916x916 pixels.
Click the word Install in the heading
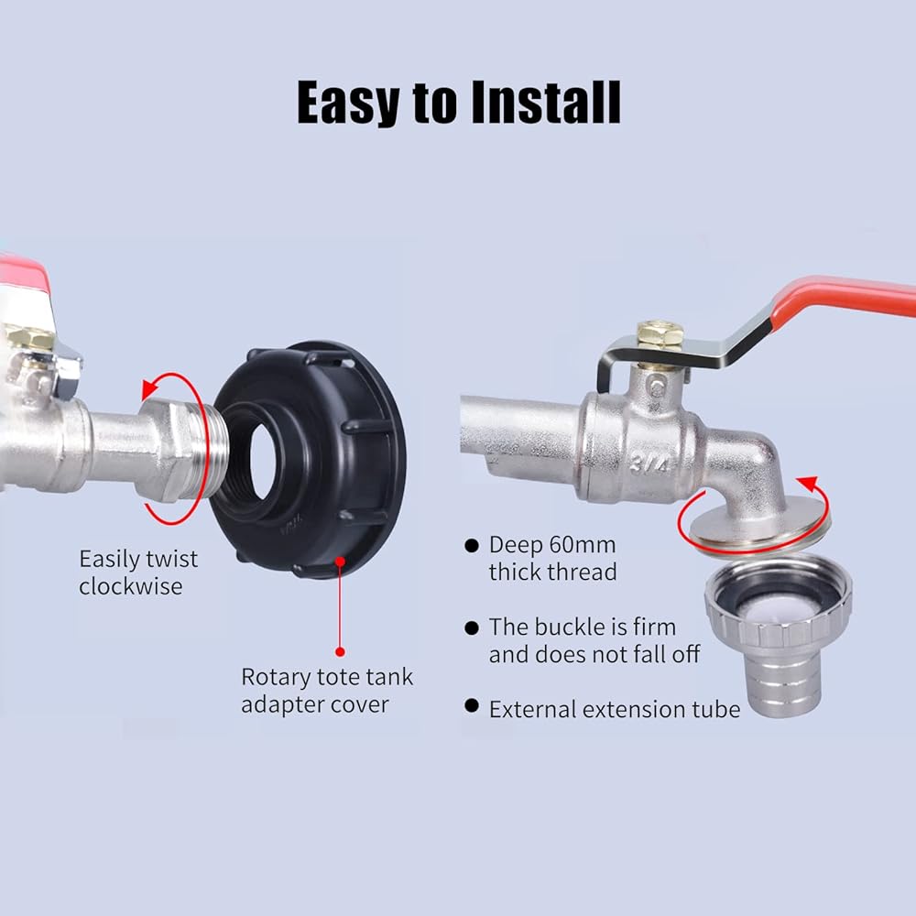(x=546, y=103)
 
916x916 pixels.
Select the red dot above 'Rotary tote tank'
(x=340, y=651)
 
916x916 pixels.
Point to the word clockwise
(x=131, y=586)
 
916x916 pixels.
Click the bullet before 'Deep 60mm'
(x=472, y=546)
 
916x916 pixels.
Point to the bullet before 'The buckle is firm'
(x=472, y=628)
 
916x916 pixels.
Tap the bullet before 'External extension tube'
(x=472, y=705)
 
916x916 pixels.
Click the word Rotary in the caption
(x=275, y=678)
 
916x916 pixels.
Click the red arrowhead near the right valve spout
(x=809, y=485)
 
